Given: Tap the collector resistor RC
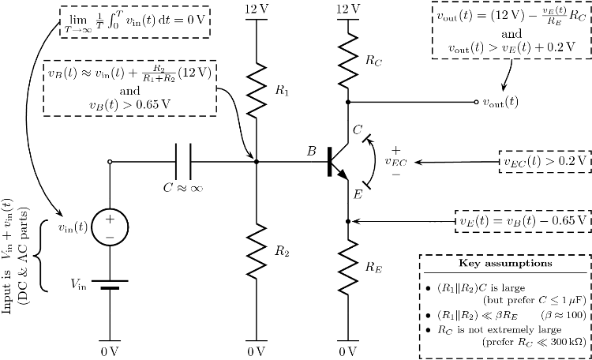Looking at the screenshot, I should point(347,58).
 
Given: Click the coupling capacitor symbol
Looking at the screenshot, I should point(182,162).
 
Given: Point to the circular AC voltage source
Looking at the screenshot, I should point(109,227).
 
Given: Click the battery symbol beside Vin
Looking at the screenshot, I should point(109,282).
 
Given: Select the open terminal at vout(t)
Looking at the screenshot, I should point(475,102).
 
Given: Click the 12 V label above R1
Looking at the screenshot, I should point(256,9).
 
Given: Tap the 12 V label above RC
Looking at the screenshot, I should point(347,9).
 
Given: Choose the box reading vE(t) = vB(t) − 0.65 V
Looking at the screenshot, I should point(523,222).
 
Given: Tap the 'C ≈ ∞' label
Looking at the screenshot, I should point(182,188).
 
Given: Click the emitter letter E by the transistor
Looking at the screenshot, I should point(357,194).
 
